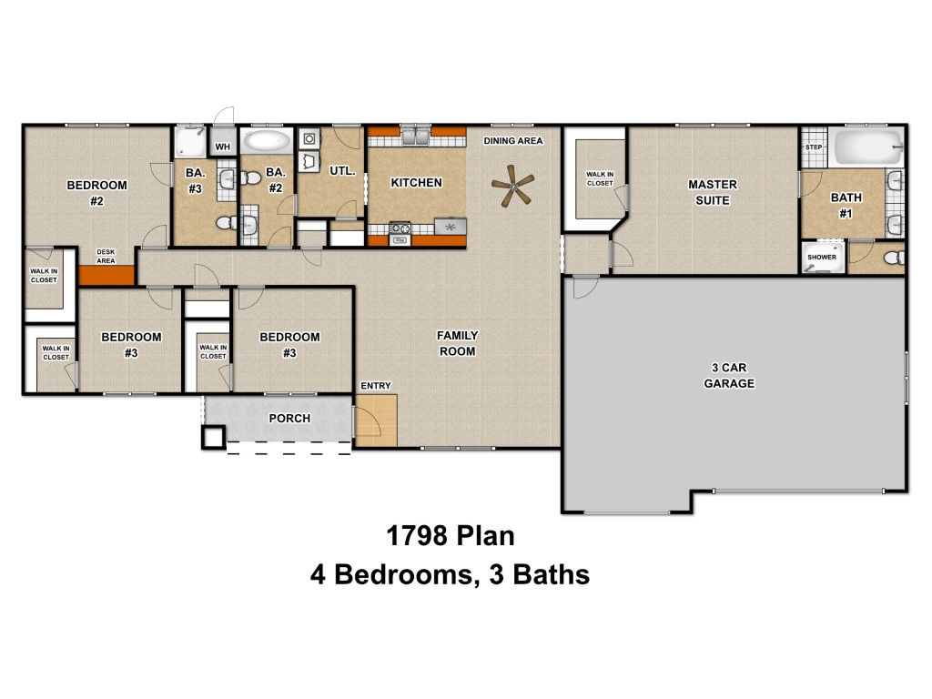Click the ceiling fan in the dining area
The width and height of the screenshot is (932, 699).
pyautogui.click(x=512, y=186)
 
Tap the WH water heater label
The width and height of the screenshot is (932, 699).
pyautogui.click(x=223, y=147)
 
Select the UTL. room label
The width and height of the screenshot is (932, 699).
pyautogui.click(x=342, y=171)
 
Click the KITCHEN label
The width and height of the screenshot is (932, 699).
pyautogui.click(x=416, y=182)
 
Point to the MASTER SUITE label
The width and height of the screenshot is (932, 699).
pyautogui.click(x=713, y=193)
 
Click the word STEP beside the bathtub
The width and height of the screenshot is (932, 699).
pyautogui.click(x=814, y=147)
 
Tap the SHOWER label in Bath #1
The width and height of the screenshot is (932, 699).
pyautogui.click(x=822, y=258)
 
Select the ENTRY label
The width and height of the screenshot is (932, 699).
pyautogui.click(x=376, y=386)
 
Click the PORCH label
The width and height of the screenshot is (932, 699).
pyautogui.click(x=289, y=419)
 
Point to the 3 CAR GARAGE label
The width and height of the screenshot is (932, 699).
pyautogui.click(x=729, y=376)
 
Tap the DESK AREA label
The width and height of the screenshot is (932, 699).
pyautogui.click(x=106, y=256)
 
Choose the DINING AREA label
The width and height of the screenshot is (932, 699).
pyautogui.click(x=513, y=141)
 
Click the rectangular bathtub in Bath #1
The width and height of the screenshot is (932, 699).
pyautogui.click(x=869, y=147)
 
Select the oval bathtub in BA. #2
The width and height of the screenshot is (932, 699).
pyautogui.click(x=267, y=141)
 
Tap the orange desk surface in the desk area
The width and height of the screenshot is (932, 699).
pyautogui.click(x=106, y=275)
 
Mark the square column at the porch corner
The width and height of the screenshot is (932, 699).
pyautogui.click(x=213, y=437)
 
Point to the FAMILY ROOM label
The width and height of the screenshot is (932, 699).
pyautogui.click(x=457, y=343)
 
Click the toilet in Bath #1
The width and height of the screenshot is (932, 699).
pyautogui.click(x=895, y=258)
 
